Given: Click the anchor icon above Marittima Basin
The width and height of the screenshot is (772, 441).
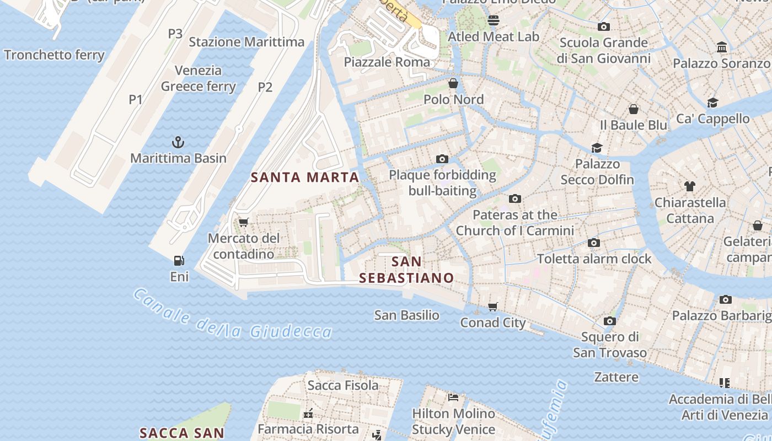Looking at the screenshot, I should [178, 143].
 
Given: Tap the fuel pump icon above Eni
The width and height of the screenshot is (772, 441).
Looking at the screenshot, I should [179, 261].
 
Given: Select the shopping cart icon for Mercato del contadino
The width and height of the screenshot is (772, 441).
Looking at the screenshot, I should [243, 222].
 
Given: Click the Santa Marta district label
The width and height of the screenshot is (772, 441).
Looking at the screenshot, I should [305, 178].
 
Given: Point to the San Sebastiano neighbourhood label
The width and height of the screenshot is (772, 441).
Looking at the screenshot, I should [406, 270].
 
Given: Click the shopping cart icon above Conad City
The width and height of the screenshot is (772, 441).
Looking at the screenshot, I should [492, 306].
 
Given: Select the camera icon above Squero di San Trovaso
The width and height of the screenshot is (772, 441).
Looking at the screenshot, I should [609, 321].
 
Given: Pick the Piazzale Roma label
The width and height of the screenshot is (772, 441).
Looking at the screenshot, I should [387, 62].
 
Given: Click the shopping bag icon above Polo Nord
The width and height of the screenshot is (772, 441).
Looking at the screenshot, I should [453, 83].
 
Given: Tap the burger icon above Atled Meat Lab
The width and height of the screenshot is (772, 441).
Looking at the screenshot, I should [493, 20].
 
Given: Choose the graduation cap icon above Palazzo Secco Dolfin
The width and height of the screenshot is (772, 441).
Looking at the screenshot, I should [597, 148].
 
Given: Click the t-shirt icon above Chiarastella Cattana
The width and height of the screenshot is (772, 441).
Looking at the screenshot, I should [689, 186].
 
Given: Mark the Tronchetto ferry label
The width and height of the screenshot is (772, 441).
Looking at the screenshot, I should [54, 55].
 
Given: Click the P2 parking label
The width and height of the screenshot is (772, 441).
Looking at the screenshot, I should [265, 87].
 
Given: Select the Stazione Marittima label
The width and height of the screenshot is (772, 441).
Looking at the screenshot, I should [246, 42].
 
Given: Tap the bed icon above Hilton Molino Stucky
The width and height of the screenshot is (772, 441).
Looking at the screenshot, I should [453, 397].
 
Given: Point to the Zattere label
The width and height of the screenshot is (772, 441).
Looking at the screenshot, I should [616, 377].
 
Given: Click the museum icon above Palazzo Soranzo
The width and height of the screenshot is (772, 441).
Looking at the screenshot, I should [721, 47].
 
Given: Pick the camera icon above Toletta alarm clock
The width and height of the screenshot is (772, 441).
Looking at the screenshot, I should [594, 243].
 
